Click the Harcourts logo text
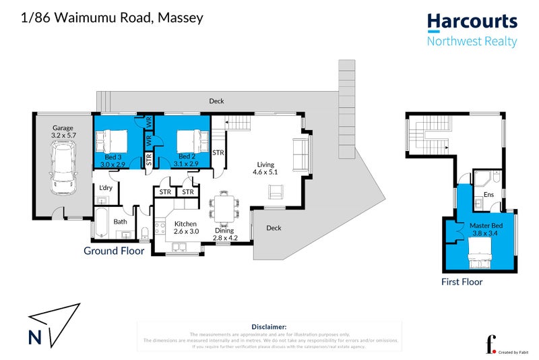pos(472,22)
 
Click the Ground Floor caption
pos(114,251)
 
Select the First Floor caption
pos(462,282)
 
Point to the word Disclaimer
pos(269,326)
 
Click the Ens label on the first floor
pos(489,196)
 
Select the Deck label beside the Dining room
pos(274,228)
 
